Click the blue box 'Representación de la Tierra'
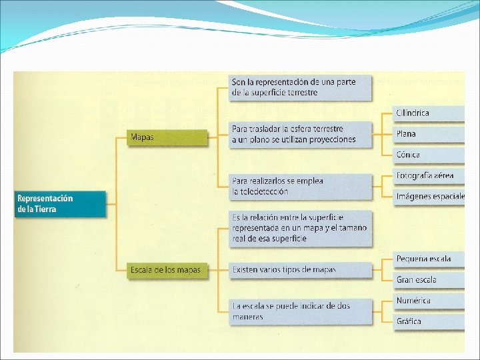point(60,204)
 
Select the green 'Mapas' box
point(167,137)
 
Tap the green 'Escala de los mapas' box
point(167,270)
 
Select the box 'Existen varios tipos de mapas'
point(300,270)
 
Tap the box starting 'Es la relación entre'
point(300,228)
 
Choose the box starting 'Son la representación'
point(300,87)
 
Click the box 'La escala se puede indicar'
point(300,311)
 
